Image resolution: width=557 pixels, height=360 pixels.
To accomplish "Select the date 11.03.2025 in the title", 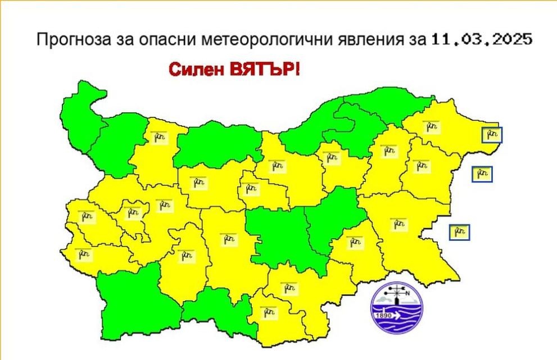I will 482,40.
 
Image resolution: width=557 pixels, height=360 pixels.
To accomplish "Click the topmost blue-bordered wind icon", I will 492,135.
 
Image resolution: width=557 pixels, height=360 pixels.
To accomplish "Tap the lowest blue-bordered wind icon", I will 459,232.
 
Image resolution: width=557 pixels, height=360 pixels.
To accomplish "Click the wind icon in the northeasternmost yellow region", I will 432,127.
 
